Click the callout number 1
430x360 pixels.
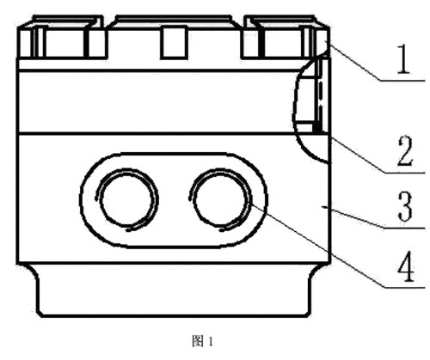tap(403, 59)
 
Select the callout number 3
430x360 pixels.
tap(405, 207)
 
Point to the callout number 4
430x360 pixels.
tap(405, 266)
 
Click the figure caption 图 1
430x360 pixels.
tap(202, 341)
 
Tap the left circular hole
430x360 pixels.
tap(127, 199)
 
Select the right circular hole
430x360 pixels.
tap(220, 199)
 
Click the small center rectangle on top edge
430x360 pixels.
tap(172, 42)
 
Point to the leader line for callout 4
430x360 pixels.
tap(338, 246)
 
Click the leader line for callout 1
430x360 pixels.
tap(377, 62)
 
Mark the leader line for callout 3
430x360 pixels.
tap(374, 217)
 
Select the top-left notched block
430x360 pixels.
tap(62, 37)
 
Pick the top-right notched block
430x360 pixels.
tap(286, 37)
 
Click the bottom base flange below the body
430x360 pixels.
tap(175, 290)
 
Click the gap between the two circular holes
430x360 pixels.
tap(174, 199)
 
